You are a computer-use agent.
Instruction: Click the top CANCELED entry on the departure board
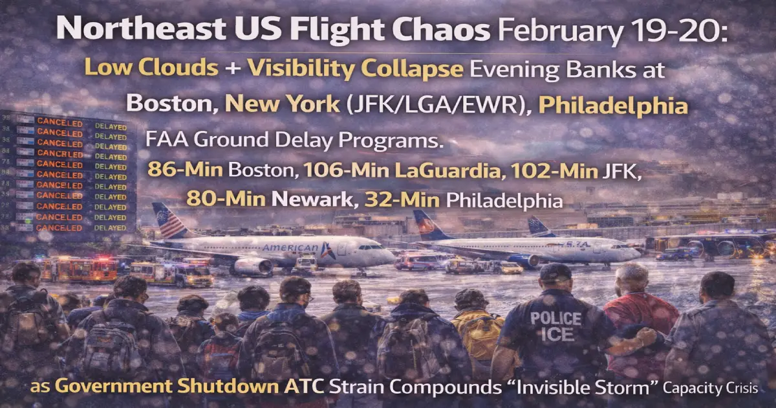[59, 121]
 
